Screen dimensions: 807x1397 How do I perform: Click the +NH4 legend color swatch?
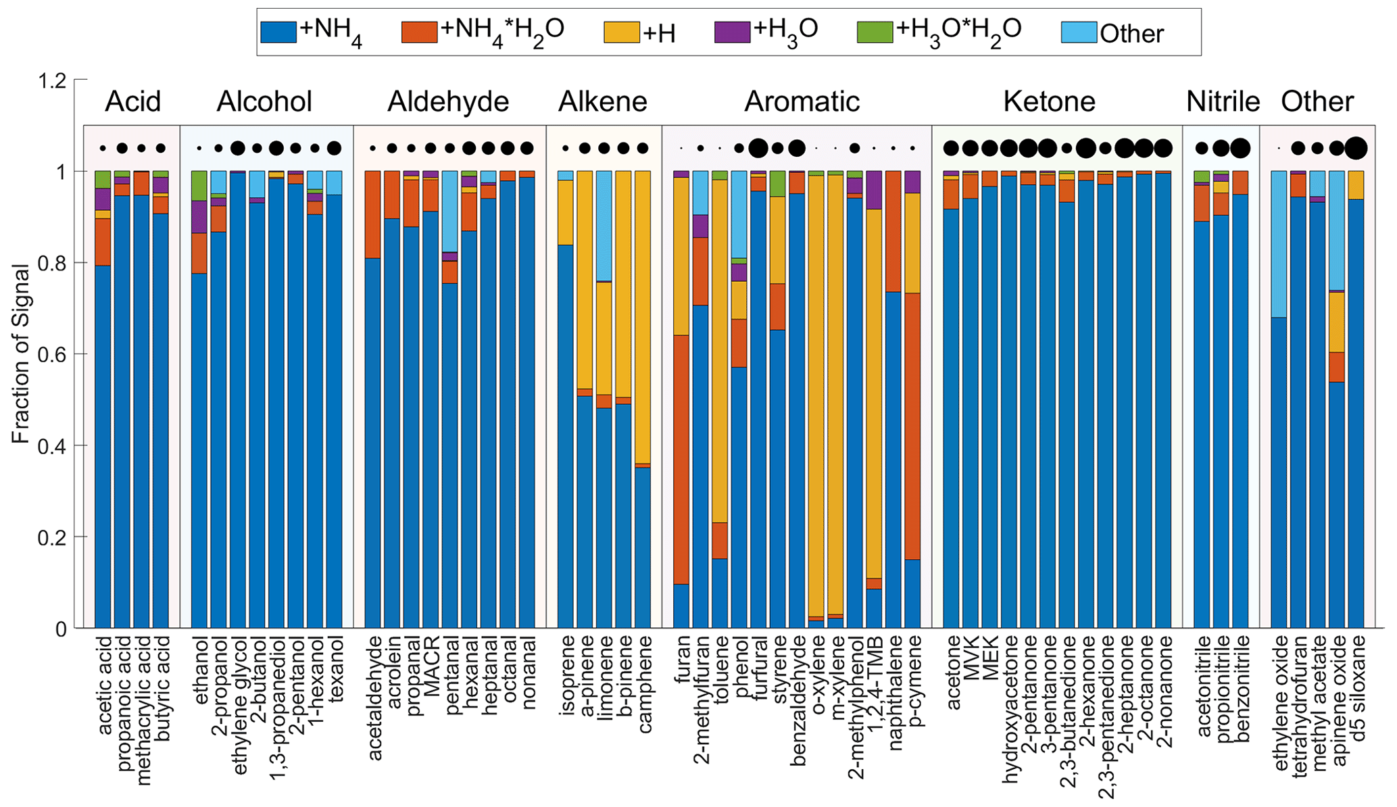pyautogui.click(x=278, y=32)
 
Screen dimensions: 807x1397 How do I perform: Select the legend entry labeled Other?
pyautogui.click(x=1131, y=34)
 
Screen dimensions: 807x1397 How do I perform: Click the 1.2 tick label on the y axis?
pyautogui.click(x=54, y=80)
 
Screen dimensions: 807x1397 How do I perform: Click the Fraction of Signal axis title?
pyautogui.click(x=20, y=355)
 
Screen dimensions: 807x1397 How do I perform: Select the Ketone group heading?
pyautogui.click(x=1049, y=102)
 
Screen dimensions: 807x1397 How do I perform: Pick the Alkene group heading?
pyautogui.click(x=602, y=102)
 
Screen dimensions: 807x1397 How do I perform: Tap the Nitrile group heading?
pyautogui.click(x=1223, y=102)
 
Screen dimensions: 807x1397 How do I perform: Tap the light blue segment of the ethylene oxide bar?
pyautogui.click(x=1279, y=243)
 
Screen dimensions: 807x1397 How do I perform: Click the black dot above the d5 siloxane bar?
pyautogui.click(x=1356, y=148)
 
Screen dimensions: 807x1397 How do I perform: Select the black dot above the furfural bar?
pyautogui.click(x=758, y=148)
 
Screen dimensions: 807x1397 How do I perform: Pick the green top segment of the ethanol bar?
pyautogui.click(x=199, y=185)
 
